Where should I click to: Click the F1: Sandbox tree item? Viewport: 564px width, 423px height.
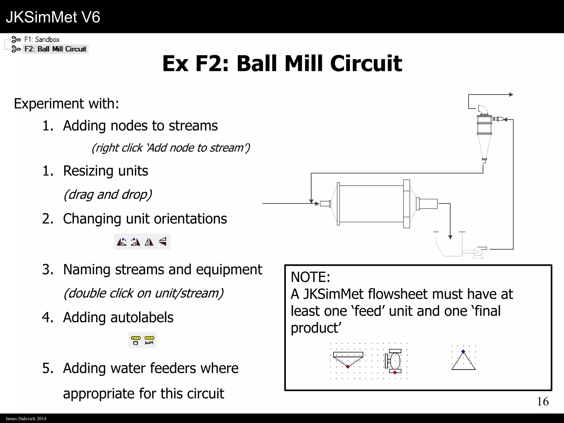point(42,40)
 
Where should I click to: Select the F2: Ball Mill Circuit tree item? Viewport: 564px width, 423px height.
point(55,49)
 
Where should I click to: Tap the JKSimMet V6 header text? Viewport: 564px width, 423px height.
point(53,17)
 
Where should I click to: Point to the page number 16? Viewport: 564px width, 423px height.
point(543,402)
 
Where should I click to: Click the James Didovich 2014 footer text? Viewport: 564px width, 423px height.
point(26,419)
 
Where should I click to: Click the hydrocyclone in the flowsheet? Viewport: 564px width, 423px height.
point(484,132)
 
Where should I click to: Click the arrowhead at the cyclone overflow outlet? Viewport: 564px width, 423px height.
point(511,94)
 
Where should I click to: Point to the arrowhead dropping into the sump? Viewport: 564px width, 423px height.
point(450,237)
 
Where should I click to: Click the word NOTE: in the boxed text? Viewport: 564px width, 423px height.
point(310,277)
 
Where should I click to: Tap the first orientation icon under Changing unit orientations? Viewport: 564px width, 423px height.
point(122,242)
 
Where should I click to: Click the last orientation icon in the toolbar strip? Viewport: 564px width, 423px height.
point(163,242)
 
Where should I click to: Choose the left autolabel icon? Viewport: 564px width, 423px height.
point(135,340)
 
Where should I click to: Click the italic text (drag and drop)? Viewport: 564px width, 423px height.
point(108,194)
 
